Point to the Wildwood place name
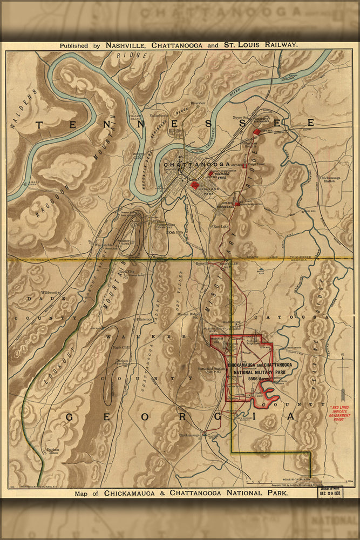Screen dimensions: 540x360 [x=48, y=292]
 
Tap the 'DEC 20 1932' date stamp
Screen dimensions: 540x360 [x=330, y=492]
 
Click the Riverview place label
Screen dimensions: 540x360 [x=198, y=103]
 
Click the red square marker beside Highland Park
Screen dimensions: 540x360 [x=195, y=185]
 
